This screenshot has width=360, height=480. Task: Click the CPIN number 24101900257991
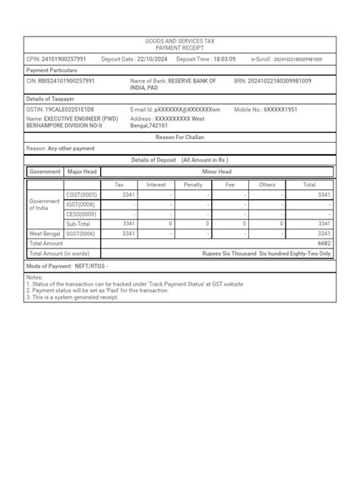pos(65,58)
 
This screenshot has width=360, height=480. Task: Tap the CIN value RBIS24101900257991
pos(67,81)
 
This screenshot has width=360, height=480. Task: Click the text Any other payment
pos(73,149)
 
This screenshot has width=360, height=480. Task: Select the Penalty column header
pos(193,185)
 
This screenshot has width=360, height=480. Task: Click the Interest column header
pos(156,185)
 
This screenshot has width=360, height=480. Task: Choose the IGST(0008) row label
pos(81,204)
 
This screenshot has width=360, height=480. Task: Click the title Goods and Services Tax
pos(180,41)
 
